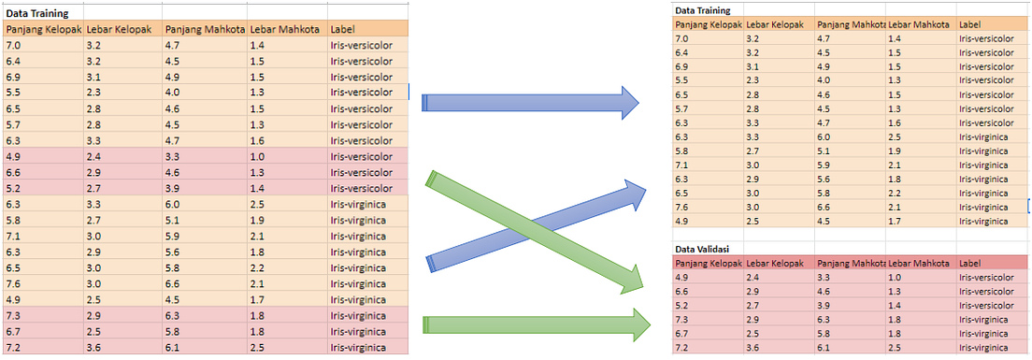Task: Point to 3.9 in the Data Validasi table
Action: tap(823, 306)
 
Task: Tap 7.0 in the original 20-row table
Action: tap(13, 45)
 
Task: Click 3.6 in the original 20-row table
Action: tap(93, 348)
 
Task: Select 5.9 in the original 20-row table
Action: tap(172, 236)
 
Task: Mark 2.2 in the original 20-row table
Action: tap(256, 268)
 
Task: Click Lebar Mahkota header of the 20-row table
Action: tap(285, 29)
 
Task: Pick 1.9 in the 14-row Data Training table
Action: tap(895, 151)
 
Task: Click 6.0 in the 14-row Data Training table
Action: tap(823, 137)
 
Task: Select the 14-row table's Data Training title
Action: tap(702, 10)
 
